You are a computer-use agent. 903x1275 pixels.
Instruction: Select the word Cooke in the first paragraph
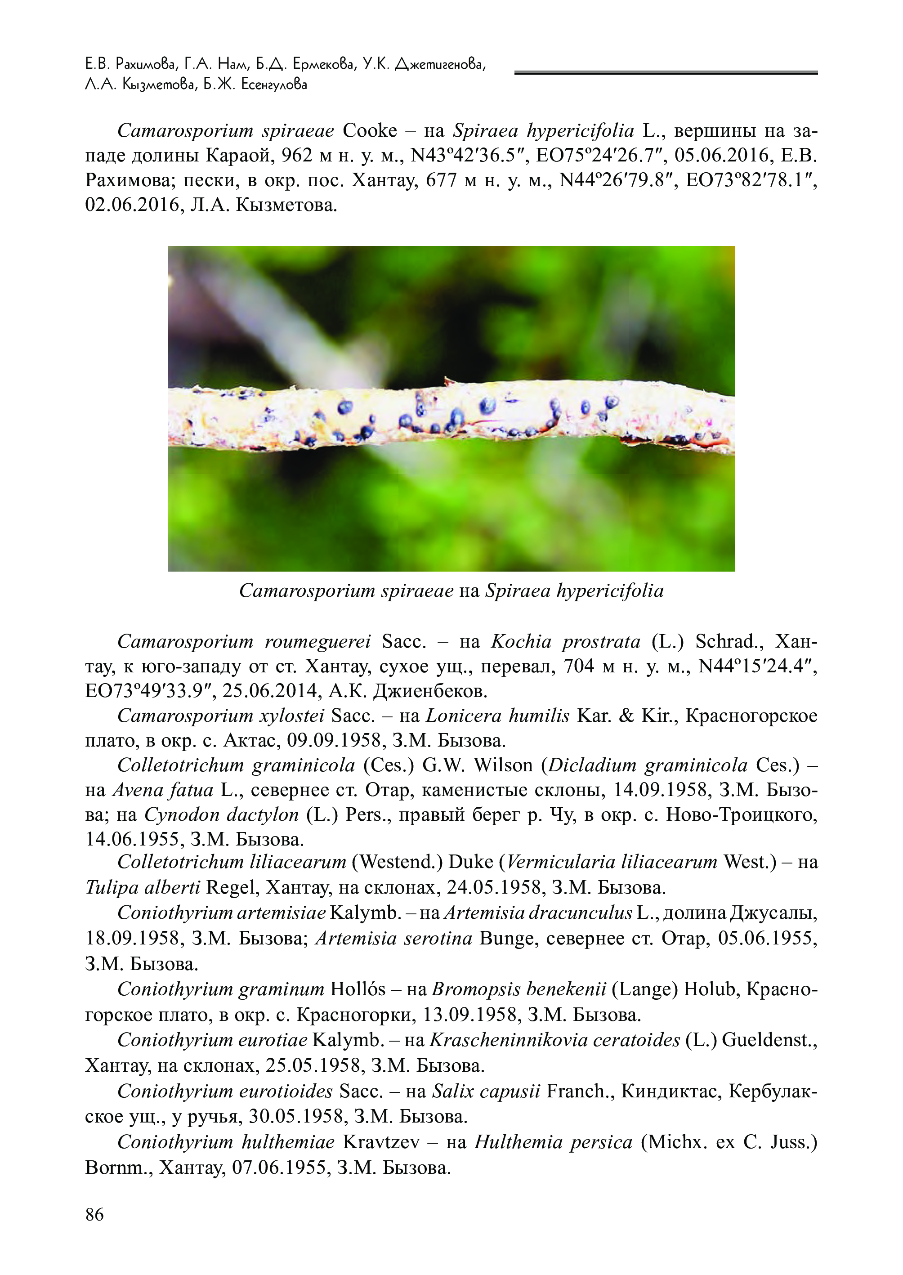(x=370, y=131)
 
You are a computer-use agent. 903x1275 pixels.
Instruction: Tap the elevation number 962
(x=298, y=156)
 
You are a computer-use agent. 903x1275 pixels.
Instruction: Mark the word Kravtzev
(x=381, y=1142)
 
